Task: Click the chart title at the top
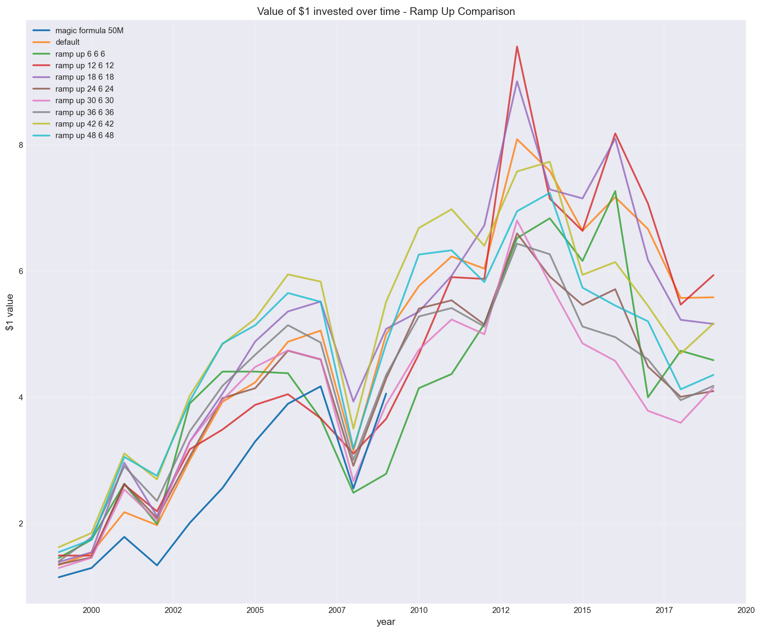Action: [386, 12]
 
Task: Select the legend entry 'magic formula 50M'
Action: [90, 31]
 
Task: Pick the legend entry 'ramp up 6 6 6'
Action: [80, 54]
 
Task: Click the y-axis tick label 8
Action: [20, 145]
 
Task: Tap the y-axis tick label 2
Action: [20, 524]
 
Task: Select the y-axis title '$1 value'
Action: [9, 312]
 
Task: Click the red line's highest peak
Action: [517, 46]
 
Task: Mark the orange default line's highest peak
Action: [517, 139]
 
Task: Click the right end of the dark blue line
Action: [386, 393]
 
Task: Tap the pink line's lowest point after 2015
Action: [680, 423]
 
